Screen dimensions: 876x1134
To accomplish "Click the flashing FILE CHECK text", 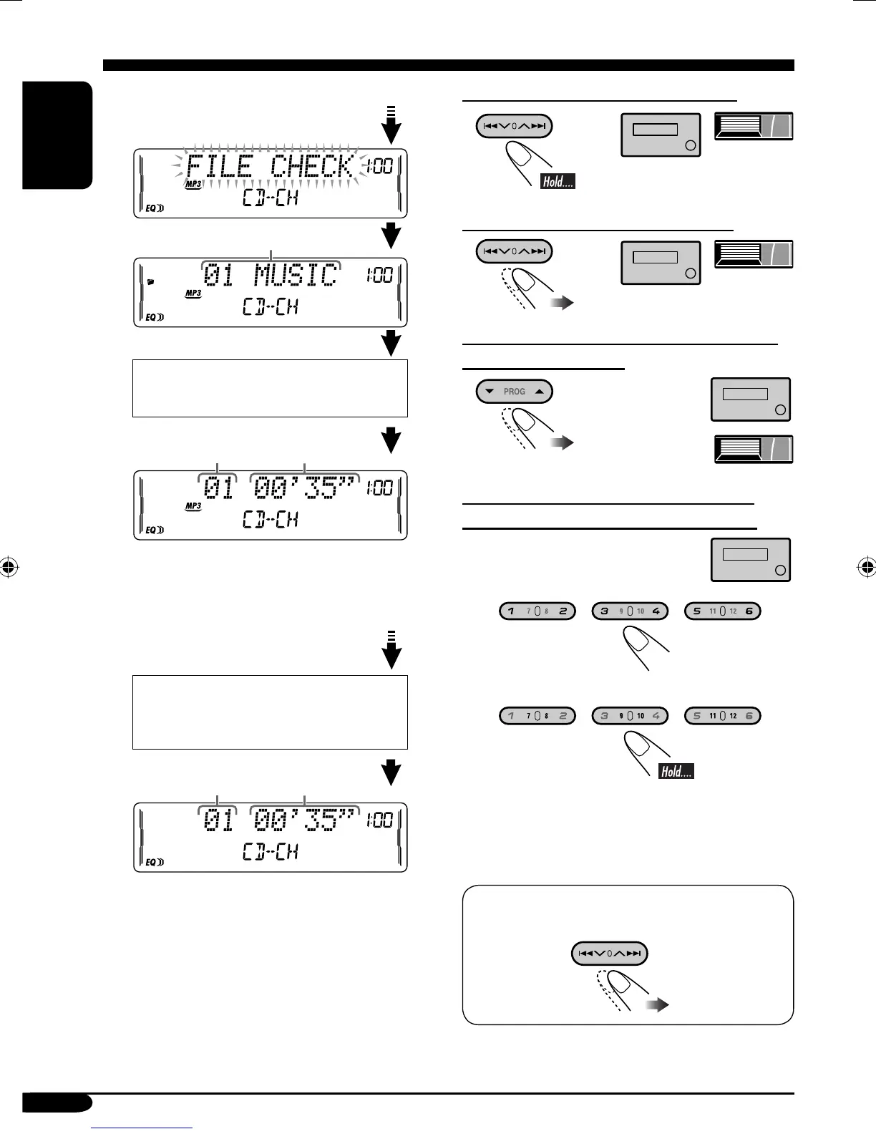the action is point(270,168).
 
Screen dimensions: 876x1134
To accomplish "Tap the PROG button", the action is point(514,392).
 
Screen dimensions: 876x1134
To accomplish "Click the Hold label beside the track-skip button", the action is point(558,181).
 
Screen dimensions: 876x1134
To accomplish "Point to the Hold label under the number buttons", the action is point(676,771).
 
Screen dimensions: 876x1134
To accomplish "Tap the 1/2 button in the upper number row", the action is point(537,611).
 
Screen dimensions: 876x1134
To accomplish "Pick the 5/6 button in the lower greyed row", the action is point(723,715).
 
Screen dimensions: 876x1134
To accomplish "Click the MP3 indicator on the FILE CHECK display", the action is point(193,185).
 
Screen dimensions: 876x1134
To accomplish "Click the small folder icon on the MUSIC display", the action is point(150,282).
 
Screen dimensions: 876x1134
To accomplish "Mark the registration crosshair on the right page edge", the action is point(867,568).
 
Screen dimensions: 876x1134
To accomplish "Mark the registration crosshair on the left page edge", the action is point(9,568).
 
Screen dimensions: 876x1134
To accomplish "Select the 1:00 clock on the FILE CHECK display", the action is point(380,167).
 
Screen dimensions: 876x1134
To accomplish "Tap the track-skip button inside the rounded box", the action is point(609,953).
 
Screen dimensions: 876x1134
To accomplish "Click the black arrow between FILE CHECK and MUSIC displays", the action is point(391,236).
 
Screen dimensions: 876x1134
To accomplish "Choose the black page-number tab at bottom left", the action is point(57,1102).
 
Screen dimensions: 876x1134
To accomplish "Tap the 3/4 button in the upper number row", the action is point(630,611).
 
